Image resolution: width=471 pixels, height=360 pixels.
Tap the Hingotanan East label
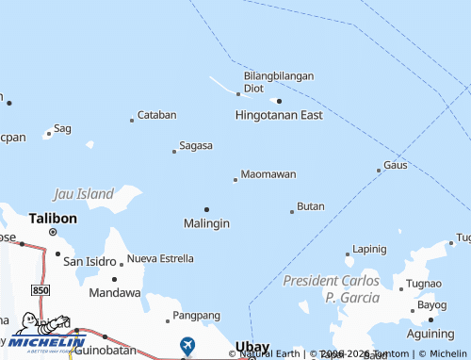click(279, 115)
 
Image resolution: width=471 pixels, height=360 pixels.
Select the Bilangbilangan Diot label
click(279, 81)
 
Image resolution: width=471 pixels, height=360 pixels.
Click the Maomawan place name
click(268, 174)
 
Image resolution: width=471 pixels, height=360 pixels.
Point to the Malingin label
click(206, 223)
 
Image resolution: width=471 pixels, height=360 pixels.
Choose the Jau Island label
click(84, 194)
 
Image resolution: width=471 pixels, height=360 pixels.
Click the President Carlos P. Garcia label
click(332, 289)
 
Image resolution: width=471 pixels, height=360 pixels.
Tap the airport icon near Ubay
click(187, 346)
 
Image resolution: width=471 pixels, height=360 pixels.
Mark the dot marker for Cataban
click(132, 120)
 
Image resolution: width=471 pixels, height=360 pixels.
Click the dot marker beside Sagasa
click(174, 151)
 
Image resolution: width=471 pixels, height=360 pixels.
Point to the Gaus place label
click(396, 165)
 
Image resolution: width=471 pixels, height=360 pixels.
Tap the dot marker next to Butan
click(292, 211)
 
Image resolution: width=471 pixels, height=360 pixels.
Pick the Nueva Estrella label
click(160, 258)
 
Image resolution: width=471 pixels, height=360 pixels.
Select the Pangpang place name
click(198, 315)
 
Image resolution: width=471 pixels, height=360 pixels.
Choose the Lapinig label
click(368, 250)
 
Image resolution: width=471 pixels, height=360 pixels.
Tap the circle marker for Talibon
click(53, 232)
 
